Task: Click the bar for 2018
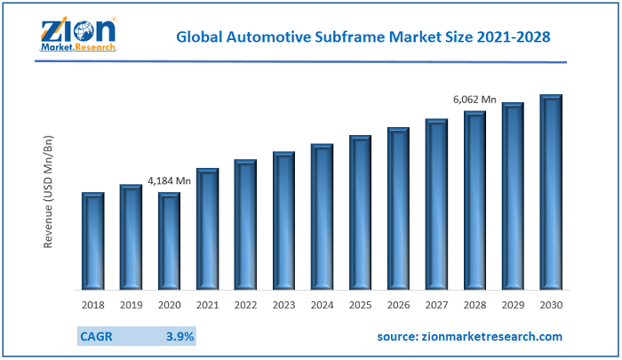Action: (93, 241)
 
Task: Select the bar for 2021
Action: (207, 228)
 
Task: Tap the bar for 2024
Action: (322, 217)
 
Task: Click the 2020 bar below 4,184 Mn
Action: (169, 241)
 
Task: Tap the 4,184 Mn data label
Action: (169, 180)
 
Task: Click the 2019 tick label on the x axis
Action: (131, 305)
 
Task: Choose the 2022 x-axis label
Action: (245, 305)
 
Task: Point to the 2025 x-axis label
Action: (360, 305)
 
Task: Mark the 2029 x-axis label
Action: (513, 305)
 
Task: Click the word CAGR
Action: (95, 337)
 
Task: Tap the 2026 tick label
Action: (398, 305)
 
